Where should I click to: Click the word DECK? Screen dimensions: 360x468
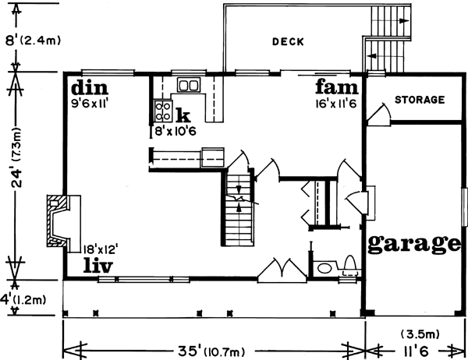(x=289, y=41)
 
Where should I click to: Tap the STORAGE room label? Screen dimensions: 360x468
(x=419, y=100)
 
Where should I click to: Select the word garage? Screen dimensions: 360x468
(x=413, y=243)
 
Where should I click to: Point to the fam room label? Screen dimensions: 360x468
(x=336, y=84)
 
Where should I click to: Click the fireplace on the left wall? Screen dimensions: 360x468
(x=61, y=220)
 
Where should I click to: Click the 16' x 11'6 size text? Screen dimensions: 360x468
(x=336, y=102)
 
